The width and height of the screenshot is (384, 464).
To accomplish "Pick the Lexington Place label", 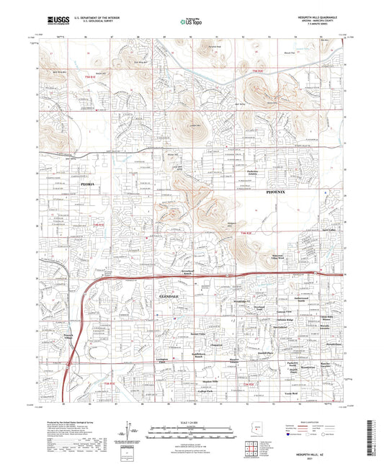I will point(166,360).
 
